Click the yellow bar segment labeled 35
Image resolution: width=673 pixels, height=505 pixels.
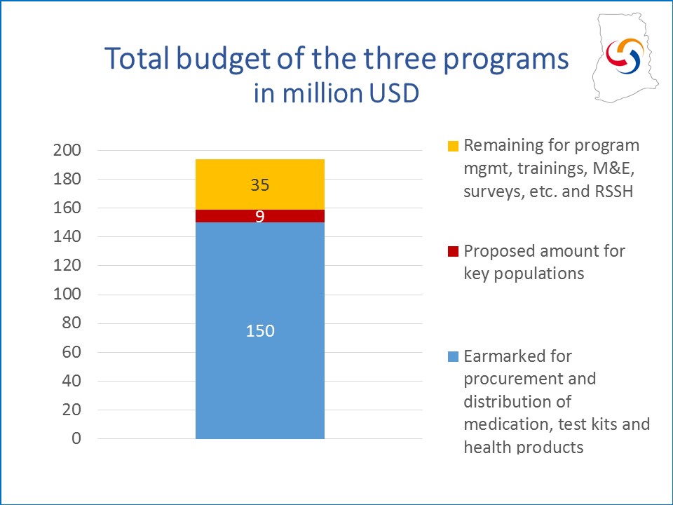pos(259,184)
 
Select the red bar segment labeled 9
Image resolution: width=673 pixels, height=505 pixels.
pos(259,216)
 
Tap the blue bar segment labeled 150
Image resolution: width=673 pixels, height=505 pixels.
pos(259,330)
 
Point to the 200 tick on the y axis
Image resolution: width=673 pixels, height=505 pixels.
pos(67,150)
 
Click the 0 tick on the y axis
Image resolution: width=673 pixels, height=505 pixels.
pos(76,438)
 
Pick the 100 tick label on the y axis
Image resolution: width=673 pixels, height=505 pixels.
pos(67,295)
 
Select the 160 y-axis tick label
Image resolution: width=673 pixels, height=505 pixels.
pos(67,208)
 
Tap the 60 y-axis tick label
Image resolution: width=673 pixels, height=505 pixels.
pos(72,352)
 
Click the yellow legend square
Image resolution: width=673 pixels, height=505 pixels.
pos(454,146)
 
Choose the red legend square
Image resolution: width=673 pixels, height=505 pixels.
pos(454,251)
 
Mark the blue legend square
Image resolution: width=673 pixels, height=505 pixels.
pos(454,356)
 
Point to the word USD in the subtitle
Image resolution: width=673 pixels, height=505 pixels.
pos(393,93)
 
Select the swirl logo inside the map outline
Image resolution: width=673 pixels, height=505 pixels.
pos(625,55)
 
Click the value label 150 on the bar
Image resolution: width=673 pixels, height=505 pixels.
pos(260,330)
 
